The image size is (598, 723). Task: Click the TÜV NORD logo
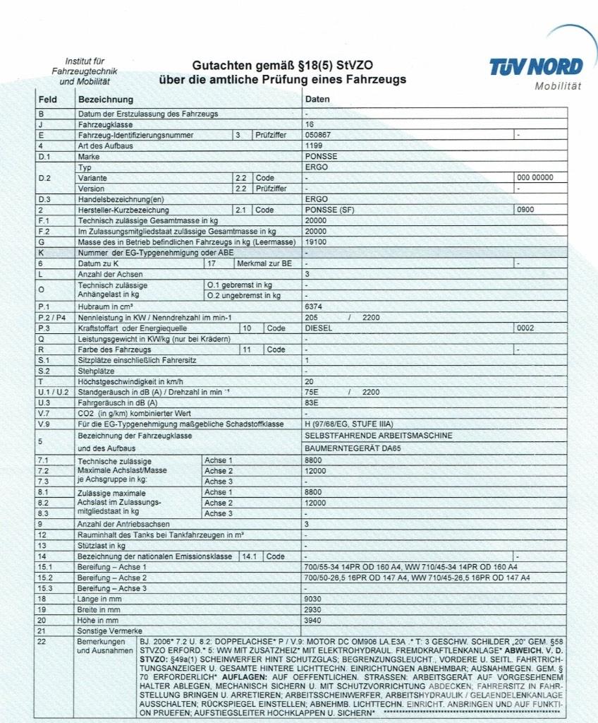[x=536, y=68]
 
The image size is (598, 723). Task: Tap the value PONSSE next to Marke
[x=321, y=156]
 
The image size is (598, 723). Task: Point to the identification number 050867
[x=317, y=134]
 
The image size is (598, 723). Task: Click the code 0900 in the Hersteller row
[x=525, y=210]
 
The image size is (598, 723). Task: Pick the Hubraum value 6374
[x=314, y=307]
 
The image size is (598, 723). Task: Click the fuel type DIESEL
[x=317, y=328]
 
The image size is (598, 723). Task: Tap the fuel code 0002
[x=525, y=328]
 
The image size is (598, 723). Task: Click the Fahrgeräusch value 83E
[x=312, y=402]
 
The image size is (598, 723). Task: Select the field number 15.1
[x=45, y=566]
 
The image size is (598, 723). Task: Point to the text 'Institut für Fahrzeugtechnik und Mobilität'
[x=85, y=71]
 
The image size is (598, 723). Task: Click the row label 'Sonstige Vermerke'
[x=110, y=630]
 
